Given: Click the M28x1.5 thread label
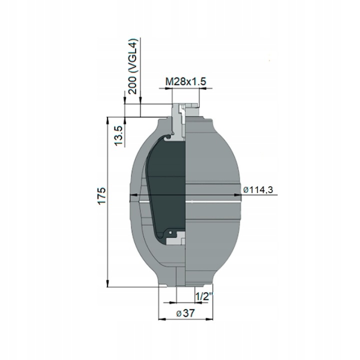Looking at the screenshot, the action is coord(185,81).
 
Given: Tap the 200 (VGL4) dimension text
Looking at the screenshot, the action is coord(132,66).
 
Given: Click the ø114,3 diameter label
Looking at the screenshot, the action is coord(258,190).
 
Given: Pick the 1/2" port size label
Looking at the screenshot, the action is coord(203,297).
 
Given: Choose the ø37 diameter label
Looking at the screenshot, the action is coord(185,313).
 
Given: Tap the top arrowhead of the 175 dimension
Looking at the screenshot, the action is coord(107,121).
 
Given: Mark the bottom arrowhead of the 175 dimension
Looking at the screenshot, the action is coord(107,283).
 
